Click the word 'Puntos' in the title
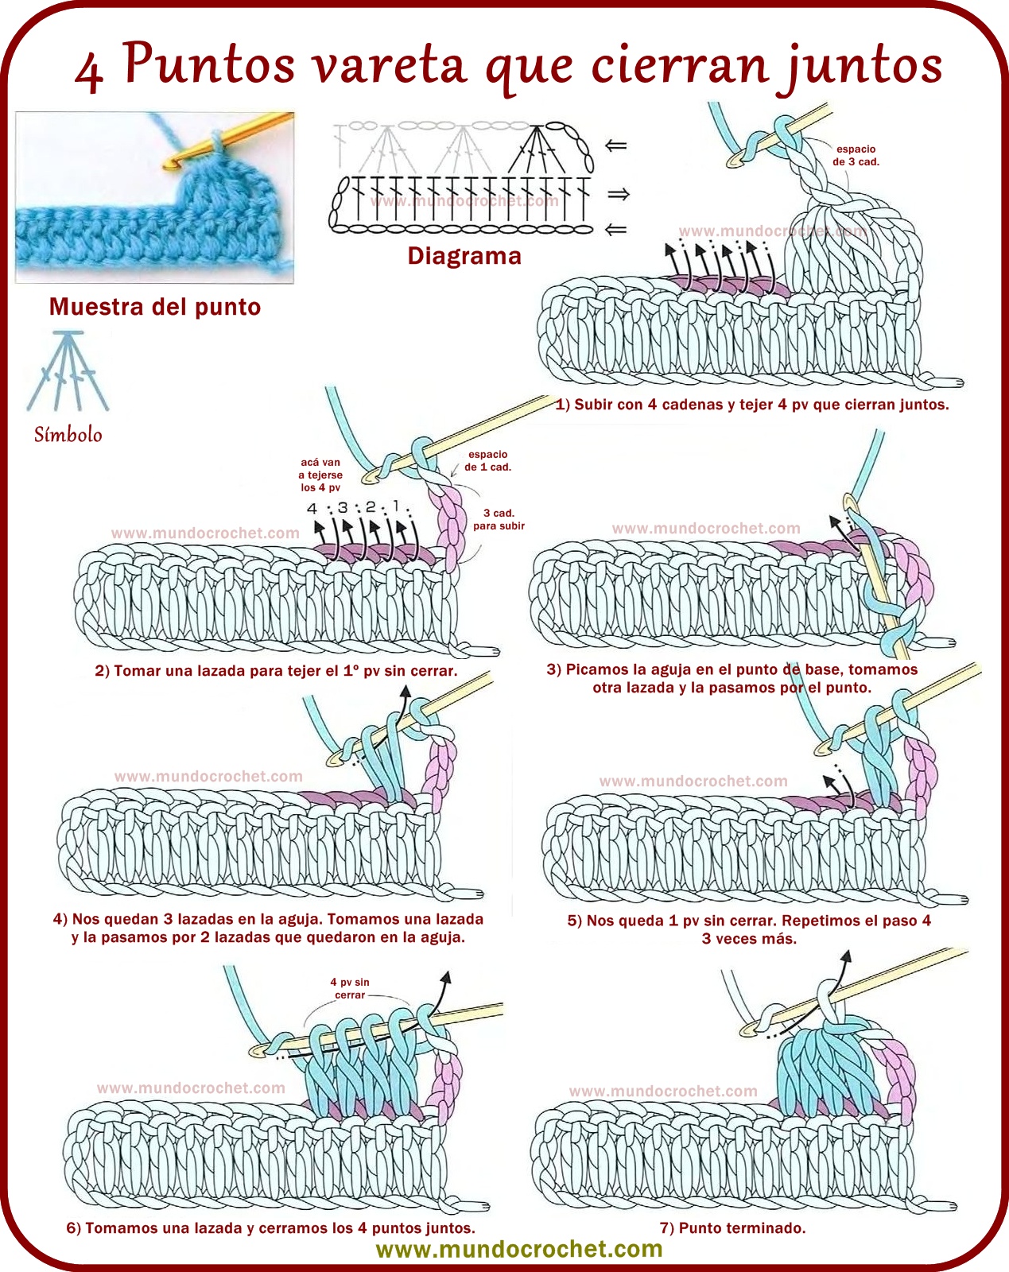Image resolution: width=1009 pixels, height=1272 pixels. point(209,64)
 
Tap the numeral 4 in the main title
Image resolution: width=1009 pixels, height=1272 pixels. point(89,72)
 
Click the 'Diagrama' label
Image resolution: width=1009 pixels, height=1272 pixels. point(464,256)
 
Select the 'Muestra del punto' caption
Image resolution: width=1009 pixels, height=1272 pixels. point(155,307)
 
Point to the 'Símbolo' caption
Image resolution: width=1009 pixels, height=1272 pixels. point(68,435)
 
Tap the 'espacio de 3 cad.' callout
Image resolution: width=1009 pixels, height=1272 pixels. point(856,155)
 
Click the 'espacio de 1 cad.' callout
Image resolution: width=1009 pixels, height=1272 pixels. point(487,461)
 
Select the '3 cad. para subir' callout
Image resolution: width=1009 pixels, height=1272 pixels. point(499,519)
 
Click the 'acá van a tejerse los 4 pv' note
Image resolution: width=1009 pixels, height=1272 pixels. point(320,475)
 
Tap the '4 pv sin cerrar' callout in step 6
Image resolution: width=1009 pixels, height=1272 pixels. point(350,988)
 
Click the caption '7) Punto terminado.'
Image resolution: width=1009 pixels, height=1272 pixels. point(732,1228)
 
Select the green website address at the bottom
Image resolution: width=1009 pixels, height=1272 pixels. point(518,1249)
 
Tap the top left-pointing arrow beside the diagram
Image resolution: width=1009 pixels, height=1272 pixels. point(616,145)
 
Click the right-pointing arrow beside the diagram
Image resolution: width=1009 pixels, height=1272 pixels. point(618,194)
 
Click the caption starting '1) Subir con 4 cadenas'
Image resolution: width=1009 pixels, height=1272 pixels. point(752,405)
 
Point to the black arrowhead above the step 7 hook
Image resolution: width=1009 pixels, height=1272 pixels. point(845,956)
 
